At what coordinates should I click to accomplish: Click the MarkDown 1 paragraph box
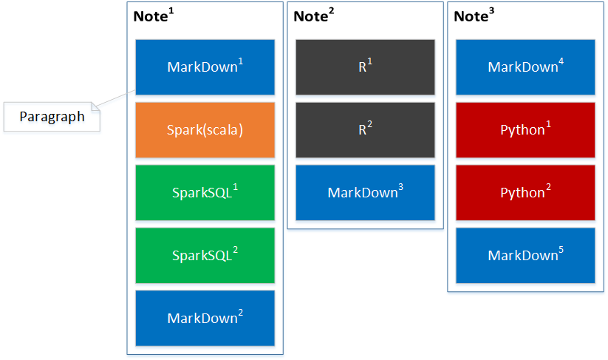click(205, 67)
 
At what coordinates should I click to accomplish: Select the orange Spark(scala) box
click(205, 130)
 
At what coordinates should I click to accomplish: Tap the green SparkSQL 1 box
click(205, 193)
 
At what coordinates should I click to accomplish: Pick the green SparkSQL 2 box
click(205, 256)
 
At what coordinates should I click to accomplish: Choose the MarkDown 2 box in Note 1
click(205, 318)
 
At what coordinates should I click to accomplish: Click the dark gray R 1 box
click(365, 67)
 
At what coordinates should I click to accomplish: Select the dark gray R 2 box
click(365, 130)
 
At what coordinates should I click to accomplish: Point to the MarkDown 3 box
click(365, 193)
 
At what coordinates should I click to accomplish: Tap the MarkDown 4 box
click(525, 67)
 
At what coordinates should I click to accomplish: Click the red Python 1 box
click(525, 130)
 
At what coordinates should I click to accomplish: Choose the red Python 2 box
click(525, 193)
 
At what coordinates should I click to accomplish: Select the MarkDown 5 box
click(525, 256)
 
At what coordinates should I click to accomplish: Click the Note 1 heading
click(154, 16)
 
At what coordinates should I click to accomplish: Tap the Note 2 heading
click(314, 16)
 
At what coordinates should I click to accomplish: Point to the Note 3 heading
click(474, 16)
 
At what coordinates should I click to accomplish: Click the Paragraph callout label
click(52, 117)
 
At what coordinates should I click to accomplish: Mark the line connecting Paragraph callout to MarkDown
click(115, 98)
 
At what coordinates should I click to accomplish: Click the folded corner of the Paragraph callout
click(95, 106)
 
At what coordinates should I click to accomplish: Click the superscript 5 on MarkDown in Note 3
click(561, 250)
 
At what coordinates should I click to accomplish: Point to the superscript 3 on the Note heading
click(492, 11)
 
